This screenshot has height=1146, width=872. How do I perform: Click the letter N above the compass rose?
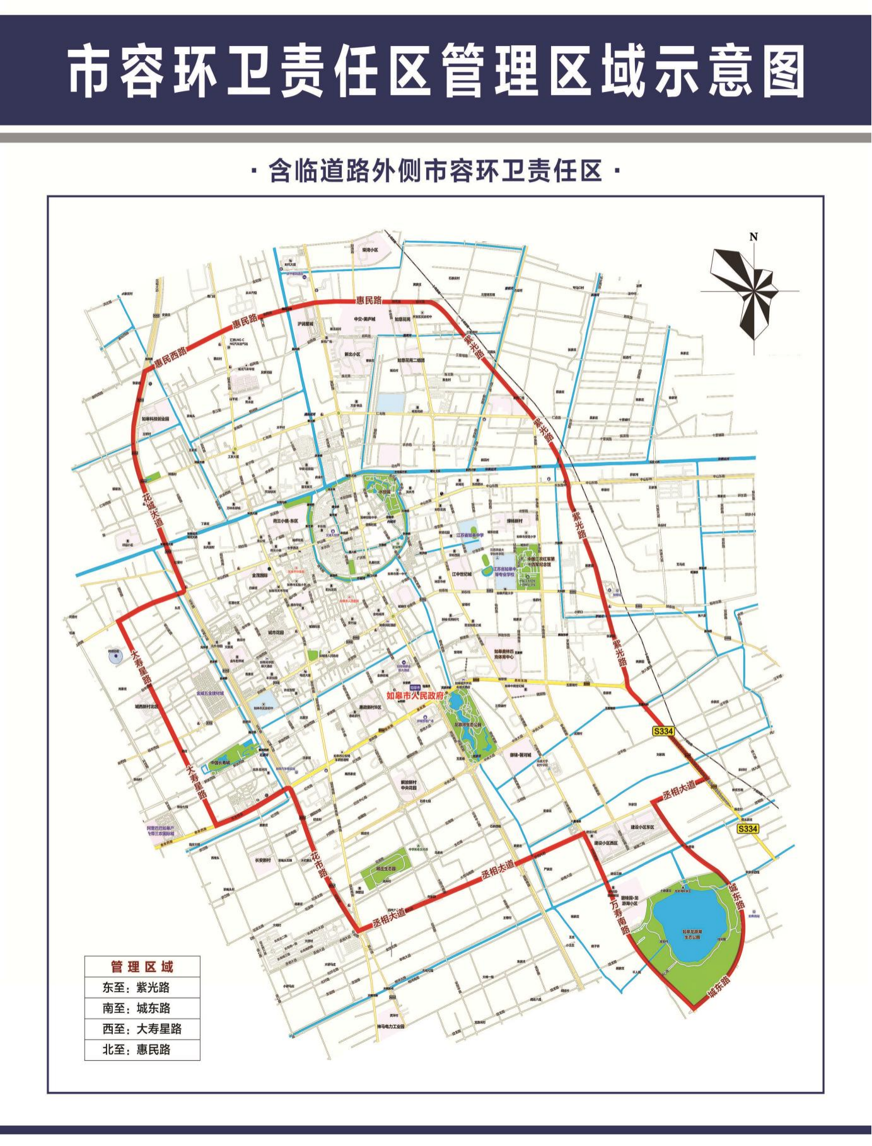(x=753, y=237)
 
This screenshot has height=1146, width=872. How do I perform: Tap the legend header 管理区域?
(x=142, y=966)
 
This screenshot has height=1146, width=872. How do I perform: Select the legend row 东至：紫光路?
(x=136, y=987)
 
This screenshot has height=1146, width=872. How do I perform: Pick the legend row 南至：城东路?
(x=136, y=1008)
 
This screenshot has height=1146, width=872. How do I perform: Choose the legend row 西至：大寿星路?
(x=142, y=1029)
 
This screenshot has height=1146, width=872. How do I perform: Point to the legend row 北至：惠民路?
(x=136, y=1050)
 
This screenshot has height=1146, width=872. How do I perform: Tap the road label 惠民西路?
(x=170, y=357)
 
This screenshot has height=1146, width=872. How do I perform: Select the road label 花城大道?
(x=152, y=510)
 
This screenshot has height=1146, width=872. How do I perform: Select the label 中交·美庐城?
(x=364, y=319)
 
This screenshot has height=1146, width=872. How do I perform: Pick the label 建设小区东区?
(x=642, y=827)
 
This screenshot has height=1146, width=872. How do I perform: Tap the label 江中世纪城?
(x=462, y=574)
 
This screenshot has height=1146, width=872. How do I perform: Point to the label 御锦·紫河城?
(x=521, y=754)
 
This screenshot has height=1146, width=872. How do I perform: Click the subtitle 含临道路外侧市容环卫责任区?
(x=436, y=171)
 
